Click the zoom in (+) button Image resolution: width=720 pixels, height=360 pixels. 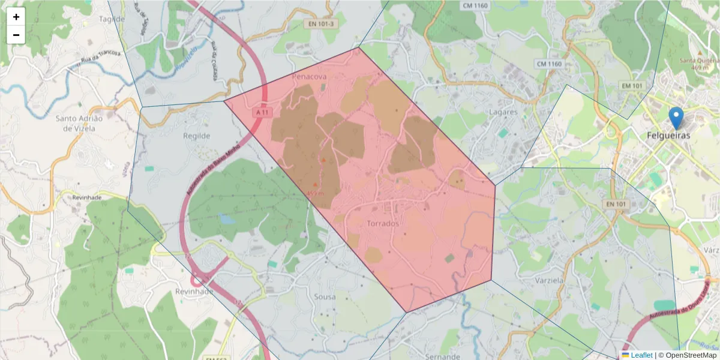click(x=16, y=17)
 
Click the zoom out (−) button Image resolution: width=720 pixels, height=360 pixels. click(x=16, y=35)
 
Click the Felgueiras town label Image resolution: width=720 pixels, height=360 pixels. click(x=668, y=136)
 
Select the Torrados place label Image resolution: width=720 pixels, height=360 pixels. click(x=382, y=224)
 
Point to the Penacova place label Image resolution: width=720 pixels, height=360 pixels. click(x=309, y=77)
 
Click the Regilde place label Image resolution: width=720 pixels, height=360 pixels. click(x=197, y=136)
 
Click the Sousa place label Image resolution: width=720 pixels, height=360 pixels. click(x=325, y=296)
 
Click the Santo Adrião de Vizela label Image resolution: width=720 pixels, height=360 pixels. click(x=79, y=123)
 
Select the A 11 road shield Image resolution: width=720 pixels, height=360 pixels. click(x=262, y=112)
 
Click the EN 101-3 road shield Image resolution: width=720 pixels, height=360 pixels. click(x=322, y=24)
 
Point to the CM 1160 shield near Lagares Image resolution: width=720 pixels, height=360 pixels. click(x=549, y=64)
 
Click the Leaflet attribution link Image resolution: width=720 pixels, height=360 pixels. click(x=641, y=355)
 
